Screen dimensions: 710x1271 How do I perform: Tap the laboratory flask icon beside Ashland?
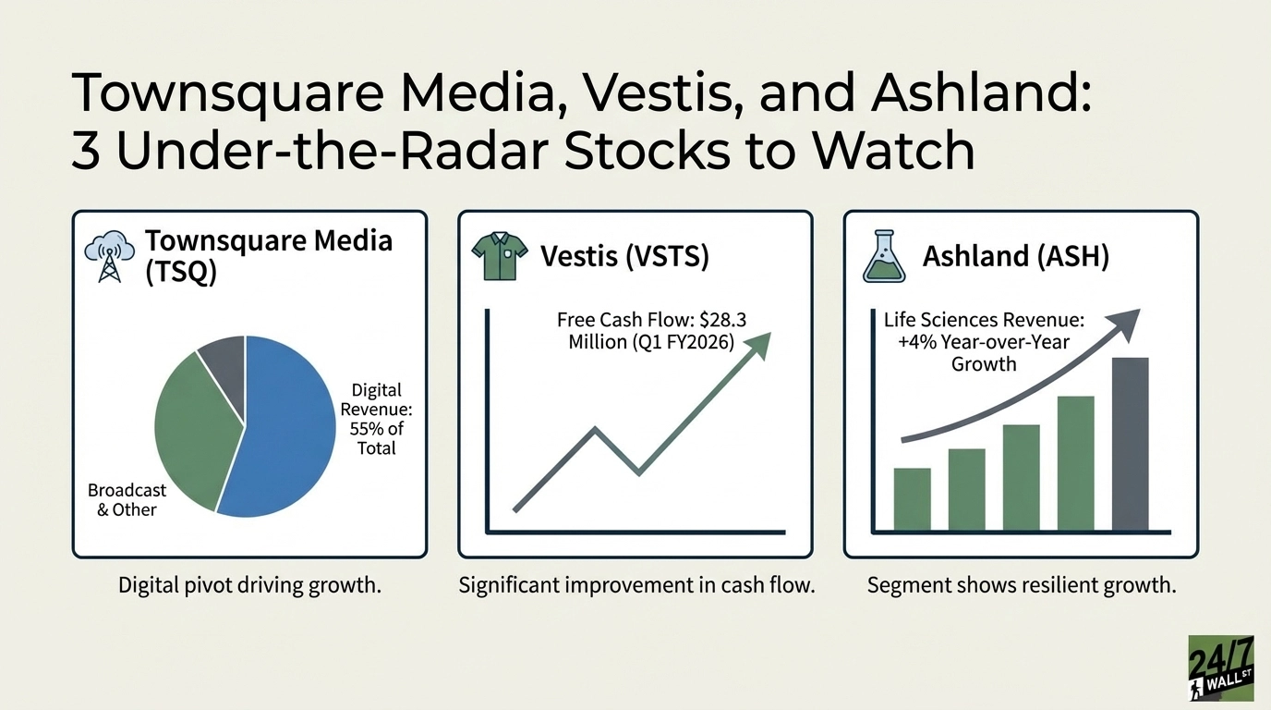(x=883, y=256)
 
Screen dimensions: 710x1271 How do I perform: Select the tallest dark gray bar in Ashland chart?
(x=1130, y=444)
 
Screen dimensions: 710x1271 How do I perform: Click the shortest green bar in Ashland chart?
(x=912, y=499)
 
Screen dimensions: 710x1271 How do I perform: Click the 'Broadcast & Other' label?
(x=127, y=500)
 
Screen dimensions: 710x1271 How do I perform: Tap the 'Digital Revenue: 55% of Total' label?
(x=376, y=420)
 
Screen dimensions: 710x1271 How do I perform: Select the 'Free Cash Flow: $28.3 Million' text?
(x=651, y=330)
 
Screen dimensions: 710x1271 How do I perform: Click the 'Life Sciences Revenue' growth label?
(x=983, y=341)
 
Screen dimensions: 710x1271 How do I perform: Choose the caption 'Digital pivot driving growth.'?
(x=249, y=585)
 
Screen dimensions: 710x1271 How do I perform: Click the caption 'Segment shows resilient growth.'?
(x=1022, y=585)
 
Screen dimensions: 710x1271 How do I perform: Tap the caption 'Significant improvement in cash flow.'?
(x=636, y=585)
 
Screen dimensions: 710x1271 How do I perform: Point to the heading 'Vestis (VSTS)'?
(x=624, y=256)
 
